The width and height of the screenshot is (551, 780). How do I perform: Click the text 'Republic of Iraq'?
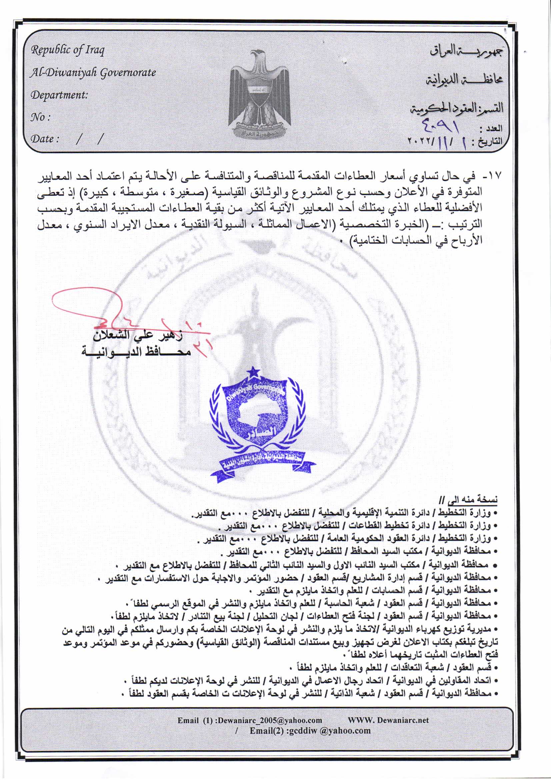point(68,50)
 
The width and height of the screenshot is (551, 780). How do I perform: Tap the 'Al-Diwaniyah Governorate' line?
point(93,72)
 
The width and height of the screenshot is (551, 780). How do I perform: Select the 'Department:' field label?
point(59,94)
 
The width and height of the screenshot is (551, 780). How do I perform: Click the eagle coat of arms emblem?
point(260,93)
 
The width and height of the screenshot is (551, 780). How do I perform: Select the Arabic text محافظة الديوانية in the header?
point(464,80)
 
